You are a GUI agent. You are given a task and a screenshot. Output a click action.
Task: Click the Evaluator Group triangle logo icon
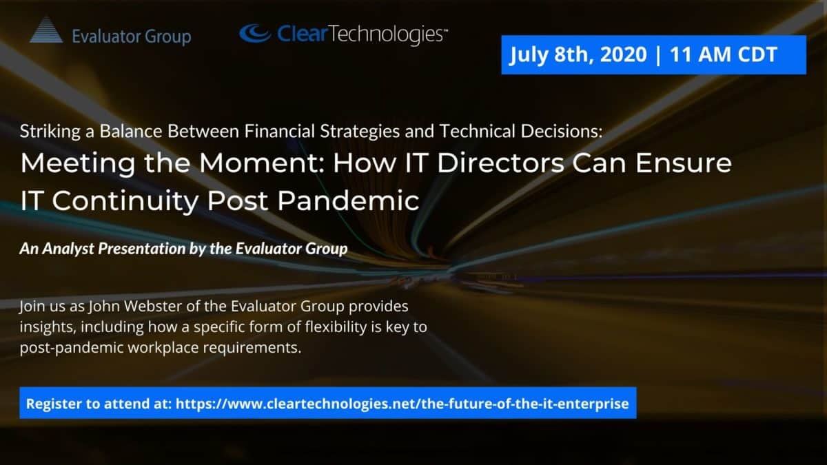tap(46, 30)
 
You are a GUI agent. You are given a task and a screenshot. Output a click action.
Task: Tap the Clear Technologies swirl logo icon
tap(255, 34)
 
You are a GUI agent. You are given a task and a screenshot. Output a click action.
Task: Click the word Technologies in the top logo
tap(387, 34)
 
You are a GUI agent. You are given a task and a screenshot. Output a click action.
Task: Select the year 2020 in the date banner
tap(624, 54)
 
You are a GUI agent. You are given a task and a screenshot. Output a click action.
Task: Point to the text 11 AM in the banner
tap(700, 54)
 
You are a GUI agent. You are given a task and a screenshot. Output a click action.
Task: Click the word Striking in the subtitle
tap(50, 132)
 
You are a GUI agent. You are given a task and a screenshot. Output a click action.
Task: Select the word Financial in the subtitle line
tap(280, 131)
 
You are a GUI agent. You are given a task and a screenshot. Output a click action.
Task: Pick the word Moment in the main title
tap(262, 163)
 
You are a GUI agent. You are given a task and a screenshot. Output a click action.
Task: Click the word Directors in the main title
tap(501, 163)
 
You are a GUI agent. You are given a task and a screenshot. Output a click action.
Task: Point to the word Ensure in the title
tap(684, 163)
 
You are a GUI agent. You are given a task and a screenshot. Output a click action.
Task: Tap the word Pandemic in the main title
tap(348, 200)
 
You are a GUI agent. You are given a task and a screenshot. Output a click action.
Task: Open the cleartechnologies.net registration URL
tap(402, 404)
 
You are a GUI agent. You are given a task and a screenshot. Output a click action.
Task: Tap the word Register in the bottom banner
tap(54, 404)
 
